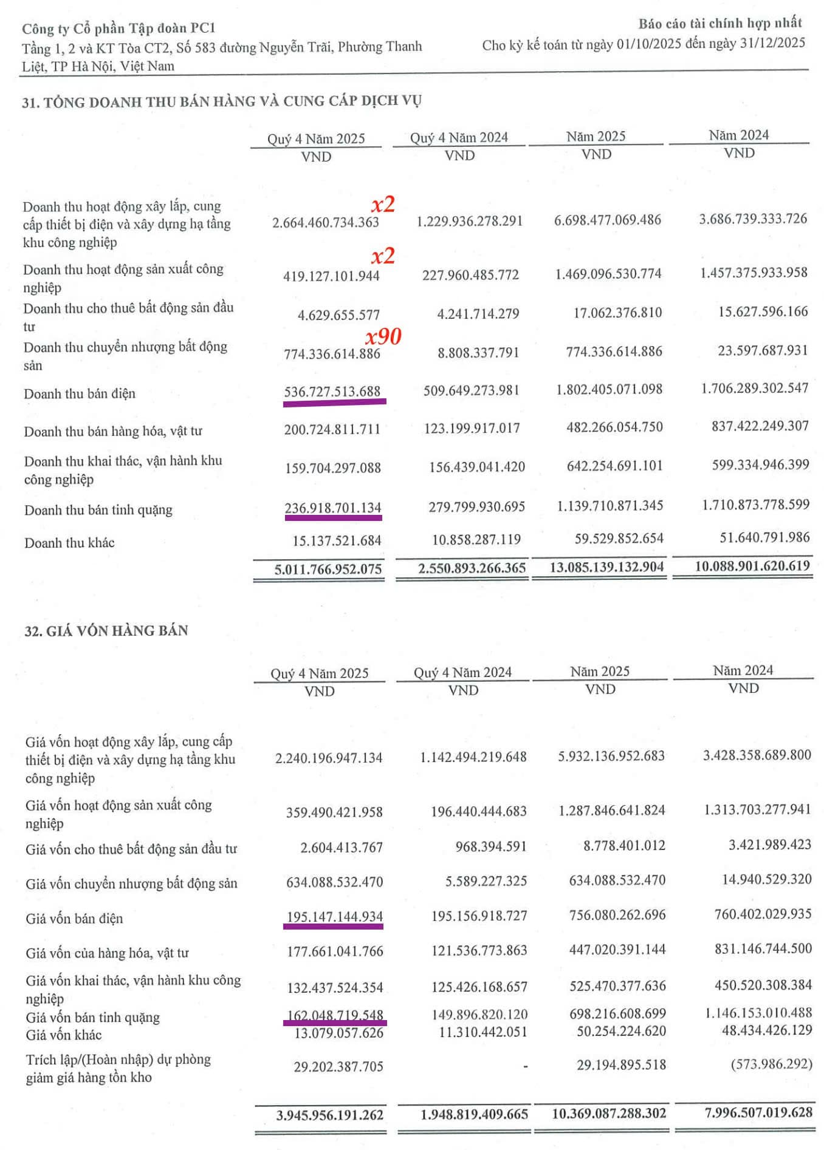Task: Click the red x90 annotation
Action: click(383, 336)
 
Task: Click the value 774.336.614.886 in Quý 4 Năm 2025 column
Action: click(332, 353)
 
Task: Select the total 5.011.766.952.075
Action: click(328, 569)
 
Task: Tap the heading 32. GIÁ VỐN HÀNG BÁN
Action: click(106, 631)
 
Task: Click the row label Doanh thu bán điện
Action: click(80, 393)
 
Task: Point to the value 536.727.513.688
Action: click(332, 392)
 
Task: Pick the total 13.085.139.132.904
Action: click(606, 567)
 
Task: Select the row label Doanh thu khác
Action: click(69, 543)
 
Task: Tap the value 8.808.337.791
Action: click(478, 353)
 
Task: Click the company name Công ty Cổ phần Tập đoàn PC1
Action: click(118, 29)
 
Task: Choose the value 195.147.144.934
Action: click(334, 916)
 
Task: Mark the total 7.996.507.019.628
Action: click(758, 1112)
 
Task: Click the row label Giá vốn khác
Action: click(64, 1035)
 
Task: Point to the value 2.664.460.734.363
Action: click(326, 222)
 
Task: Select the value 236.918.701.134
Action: click(333, 508)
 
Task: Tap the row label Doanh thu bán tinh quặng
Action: click(98, 510)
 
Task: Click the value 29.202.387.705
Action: click(338, 1066)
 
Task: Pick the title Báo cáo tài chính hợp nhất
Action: click(720, 24)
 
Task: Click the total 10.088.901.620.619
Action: click(752, 566)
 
